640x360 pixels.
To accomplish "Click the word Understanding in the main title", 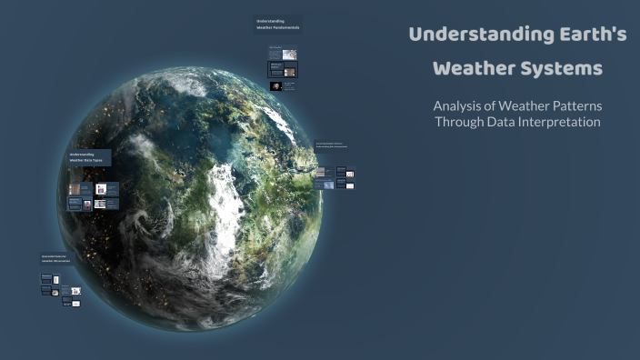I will [x=465, y=35].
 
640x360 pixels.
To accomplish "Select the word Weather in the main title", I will [x=474, y=69].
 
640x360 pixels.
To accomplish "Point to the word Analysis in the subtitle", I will [x=460, y=105].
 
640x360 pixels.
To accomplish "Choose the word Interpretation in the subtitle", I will [x=565, y=122].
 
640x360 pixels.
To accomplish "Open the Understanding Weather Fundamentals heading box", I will [x=278, y=25].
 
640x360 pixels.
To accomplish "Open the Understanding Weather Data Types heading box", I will [x=86, y=157].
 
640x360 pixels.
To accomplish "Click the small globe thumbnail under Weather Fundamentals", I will [x=276, y=86].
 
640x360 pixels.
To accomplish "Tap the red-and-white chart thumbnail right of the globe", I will [x=350, y=173].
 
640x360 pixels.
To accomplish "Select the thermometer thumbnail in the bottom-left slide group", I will [x=55, y=294].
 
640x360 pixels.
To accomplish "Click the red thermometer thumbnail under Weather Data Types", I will [x=88, y=205].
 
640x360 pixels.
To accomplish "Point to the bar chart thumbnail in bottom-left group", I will [x=76, y=291].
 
